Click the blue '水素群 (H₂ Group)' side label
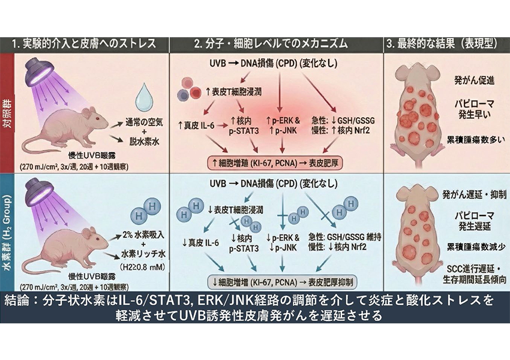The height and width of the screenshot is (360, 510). [x=7, y=232]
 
